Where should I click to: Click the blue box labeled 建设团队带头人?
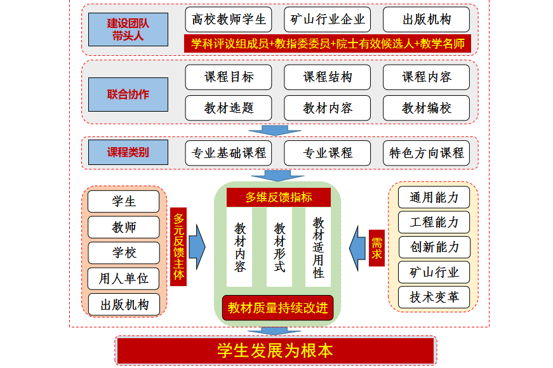(128, 30)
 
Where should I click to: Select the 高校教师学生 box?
(229, 20)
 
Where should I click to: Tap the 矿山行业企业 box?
(327, 20)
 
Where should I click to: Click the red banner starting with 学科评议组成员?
(328, 44)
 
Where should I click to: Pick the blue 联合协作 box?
(128, 95)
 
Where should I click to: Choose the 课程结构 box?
(327, 77)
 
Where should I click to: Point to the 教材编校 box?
(427, 108)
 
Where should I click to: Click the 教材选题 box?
(229, 108)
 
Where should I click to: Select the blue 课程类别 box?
(128, 152)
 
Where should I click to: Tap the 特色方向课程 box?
(427, 153)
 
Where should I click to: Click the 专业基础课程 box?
(229, 153)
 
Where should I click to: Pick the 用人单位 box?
(123, 279)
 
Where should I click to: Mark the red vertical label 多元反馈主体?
(178, 247)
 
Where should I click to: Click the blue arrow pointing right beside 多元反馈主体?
(197, 247)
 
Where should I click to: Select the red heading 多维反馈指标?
(279, 197)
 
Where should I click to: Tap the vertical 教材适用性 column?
(318, 247)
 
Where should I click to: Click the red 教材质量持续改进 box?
(278, 308)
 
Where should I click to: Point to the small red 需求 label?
(376, 248)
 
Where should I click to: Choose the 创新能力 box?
(434, 247)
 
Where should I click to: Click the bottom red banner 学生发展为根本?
(276, 351)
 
